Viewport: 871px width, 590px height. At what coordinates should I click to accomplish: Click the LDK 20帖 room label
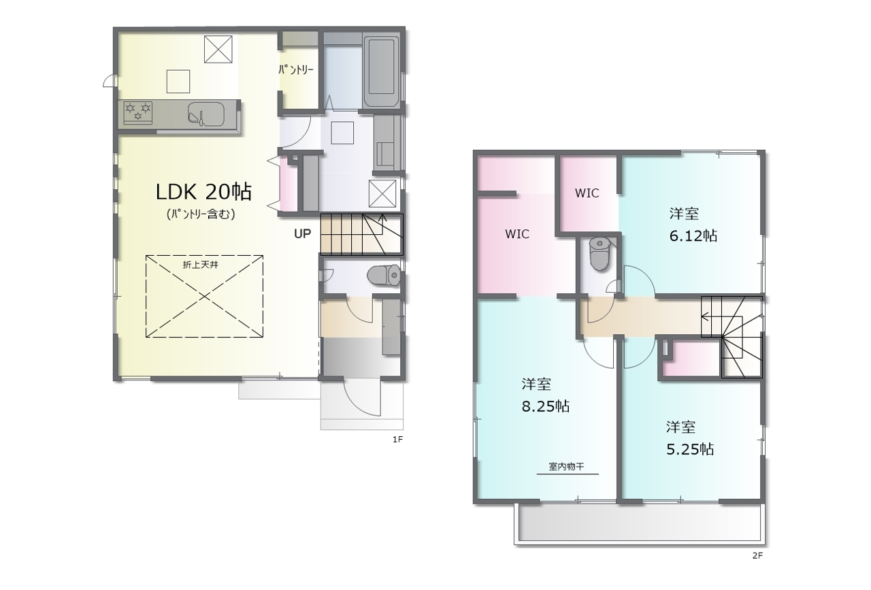click(x=203, y=192)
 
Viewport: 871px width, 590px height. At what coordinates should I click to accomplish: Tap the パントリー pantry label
click(x=296, y=70)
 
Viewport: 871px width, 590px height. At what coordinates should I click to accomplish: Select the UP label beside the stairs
click(x=302, y=233)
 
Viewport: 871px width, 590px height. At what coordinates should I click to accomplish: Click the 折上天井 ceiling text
click(x=200, y=265)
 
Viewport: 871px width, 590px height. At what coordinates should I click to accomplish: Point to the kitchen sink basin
click(x=206, y=114)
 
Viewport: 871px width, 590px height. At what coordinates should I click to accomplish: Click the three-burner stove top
click(x=137, y=113)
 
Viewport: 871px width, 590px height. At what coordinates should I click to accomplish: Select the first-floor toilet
click(x=383, y=276)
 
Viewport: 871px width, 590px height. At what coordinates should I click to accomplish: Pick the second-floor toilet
click(x=599, y=254)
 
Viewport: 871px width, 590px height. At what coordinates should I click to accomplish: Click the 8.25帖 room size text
click(x=546, y=406)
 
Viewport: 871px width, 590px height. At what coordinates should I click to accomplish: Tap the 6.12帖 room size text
click(x=693, y=235)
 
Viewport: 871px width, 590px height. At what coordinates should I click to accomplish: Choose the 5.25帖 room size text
click(x=690, y=449)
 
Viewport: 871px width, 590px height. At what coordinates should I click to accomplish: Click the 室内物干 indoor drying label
click(x=566, y=466)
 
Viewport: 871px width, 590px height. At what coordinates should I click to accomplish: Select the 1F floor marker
click(x=397, y=440)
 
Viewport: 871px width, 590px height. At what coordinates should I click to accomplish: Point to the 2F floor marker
click(x=757, y=555)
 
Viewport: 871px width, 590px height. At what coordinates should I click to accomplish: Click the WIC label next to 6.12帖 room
click(x=587, y=193)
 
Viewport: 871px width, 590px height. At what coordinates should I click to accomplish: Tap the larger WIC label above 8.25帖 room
click(x=516, y=233)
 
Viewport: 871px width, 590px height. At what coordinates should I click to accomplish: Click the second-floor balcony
click(x=640, y=523)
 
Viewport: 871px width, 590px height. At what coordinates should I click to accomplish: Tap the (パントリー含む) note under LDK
click(x=201, y=214)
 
